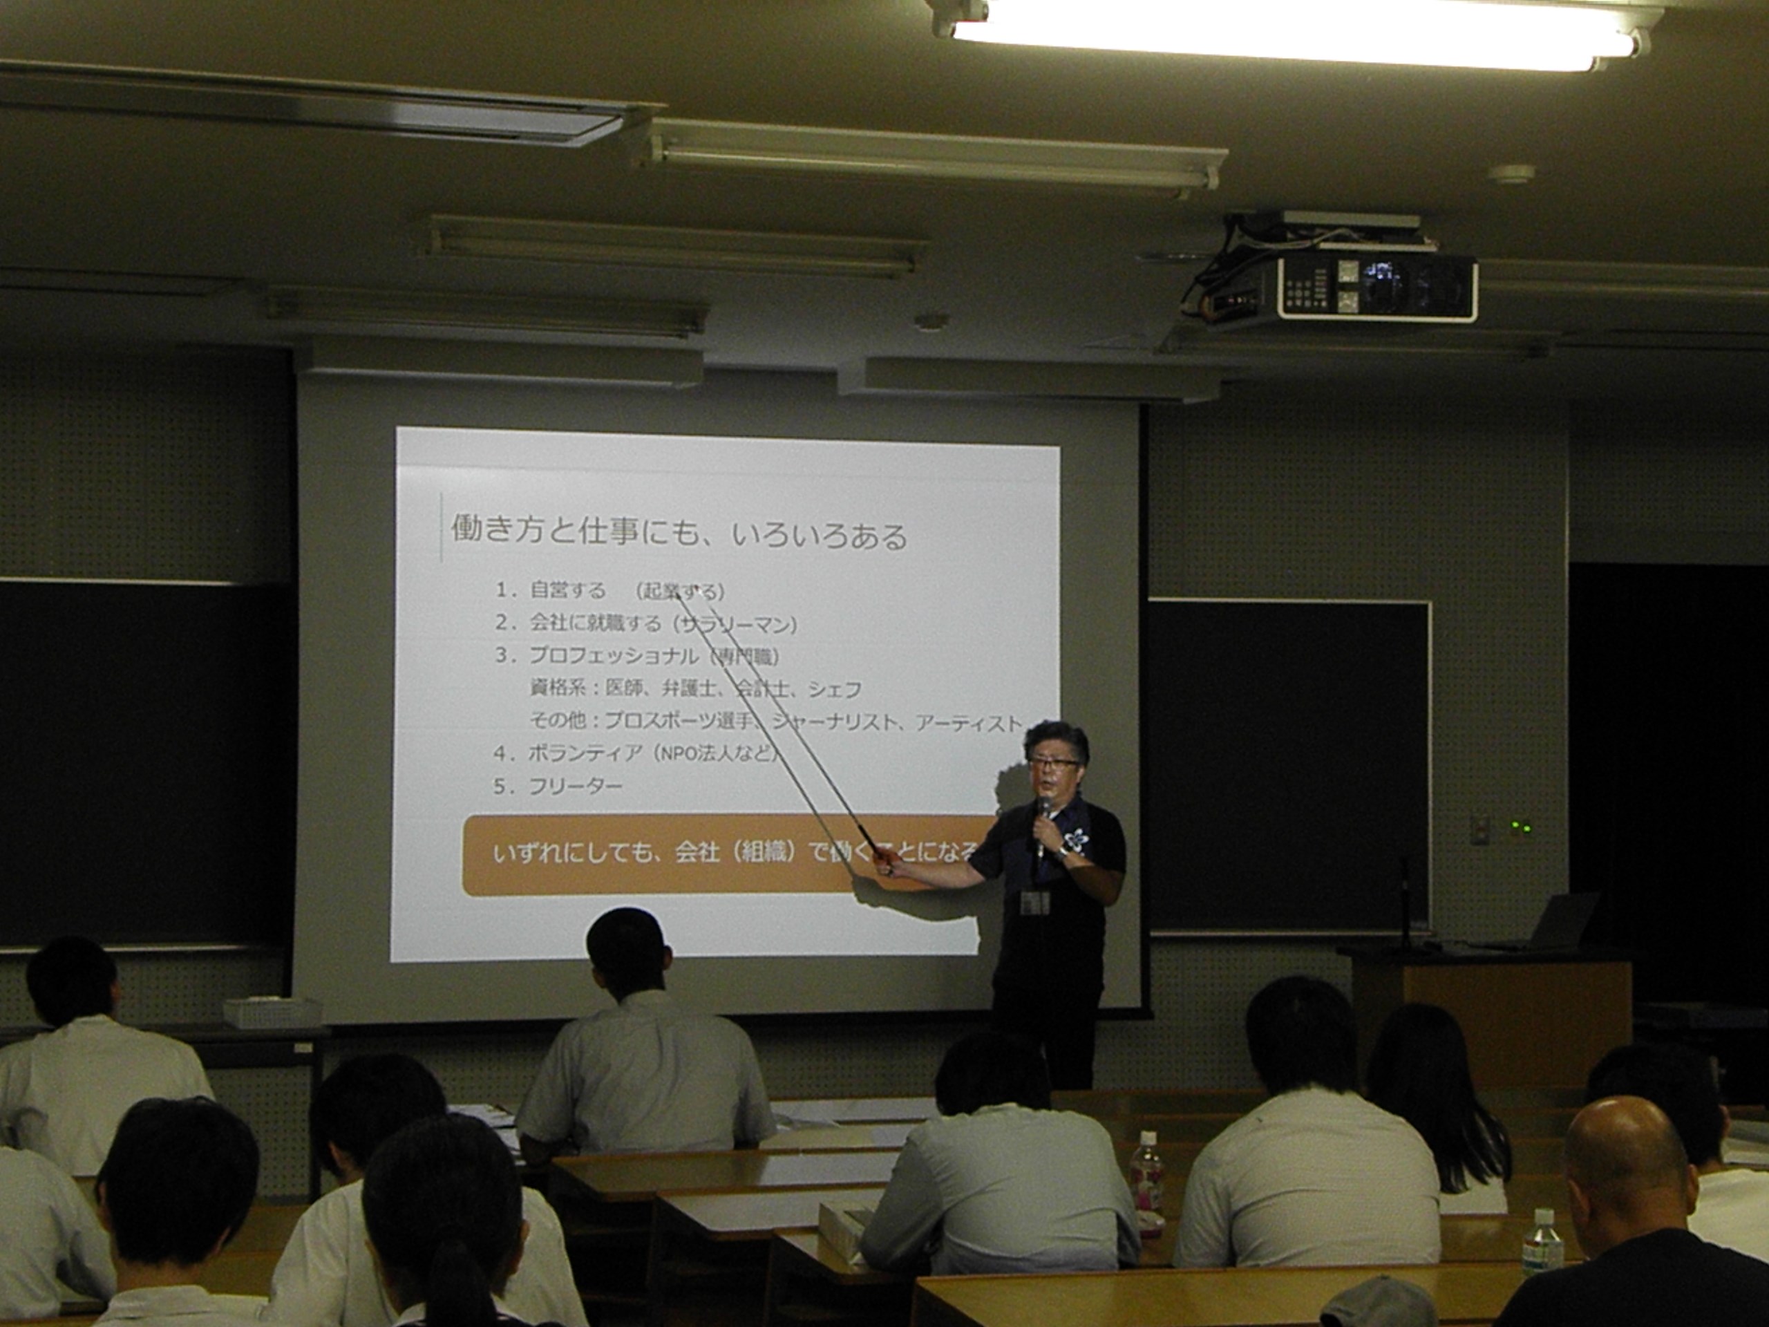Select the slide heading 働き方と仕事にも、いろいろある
coord(679,534)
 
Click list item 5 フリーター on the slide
coord(574,787)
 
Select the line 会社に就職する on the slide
coord(596,623)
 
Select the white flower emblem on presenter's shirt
coord(1076,839)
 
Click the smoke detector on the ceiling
coord(1511,173)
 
